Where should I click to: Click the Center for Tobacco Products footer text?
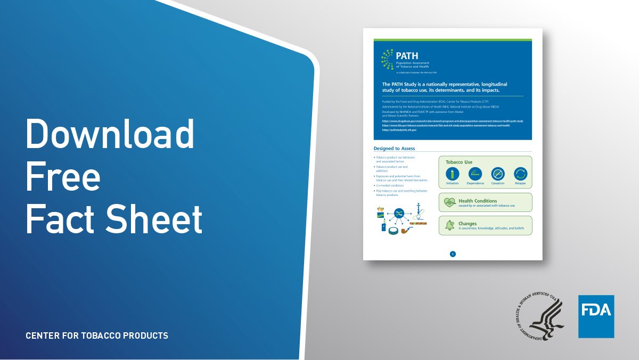click(x=97, y=336)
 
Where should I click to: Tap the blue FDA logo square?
click(x=596, y=316)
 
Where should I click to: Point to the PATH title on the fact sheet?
click(x=407, y=55)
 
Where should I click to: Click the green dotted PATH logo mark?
click(x=387, y=59)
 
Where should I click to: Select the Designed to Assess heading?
click(x=395, y=149)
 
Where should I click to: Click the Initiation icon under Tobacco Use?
click(x=452, y=174)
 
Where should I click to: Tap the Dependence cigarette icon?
click(x=475, y=174)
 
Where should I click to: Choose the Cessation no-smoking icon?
click(x=498, y=174)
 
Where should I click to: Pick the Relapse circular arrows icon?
click(x=520, y=174)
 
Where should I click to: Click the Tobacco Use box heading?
click(x=459, y=162)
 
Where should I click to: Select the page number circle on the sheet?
click(x=453, y=254)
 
